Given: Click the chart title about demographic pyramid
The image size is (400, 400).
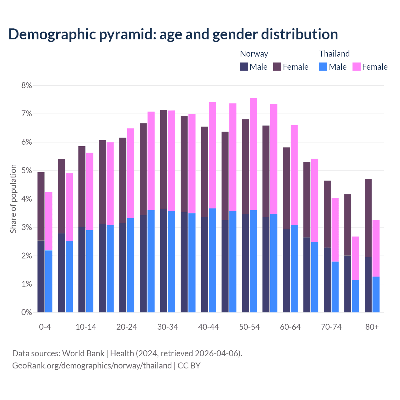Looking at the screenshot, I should pos(173,34).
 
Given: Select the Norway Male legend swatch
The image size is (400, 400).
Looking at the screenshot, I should pos(244,67).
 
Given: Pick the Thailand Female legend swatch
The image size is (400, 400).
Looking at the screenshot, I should pos(356,67).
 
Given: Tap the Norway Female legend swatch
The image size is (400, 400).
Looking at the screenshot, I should pos(277,67).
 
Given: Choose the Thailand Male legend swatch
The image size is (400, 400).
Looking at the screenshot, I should pos(323,67).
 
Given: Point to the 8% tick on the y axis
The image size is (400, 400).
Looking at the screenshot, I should pos(27,85).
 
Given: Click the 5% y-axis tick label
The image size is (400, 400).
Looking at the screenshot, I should pos(27,171).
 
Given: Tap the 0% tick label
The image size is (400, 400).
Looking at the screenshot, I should pos(27,312).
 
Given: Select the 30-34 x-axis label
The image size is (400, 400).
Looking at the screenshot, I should pos(167,327).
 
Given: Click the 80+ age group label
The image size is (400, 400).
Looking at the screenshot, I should pos(372,327).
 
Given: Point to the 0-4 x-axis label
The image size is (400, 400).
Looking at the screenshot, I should pos(45,327).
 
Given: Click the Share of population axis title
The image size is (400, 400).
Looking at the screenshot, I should pos(13,199).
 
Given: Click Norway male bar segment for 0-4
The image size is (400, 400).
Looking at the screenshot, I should pos(41,276).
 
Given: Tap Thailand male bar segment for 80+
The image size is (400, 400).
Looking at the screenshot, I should pos(376,294).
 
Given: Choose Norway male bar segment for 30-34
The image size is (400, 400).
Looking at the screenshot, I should pos(163,260).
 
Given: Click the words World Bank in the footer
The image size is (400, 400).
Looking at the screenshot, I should pos(83,353).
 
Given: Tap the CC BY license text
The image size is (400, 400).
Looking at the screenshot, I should pos(189,366).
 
